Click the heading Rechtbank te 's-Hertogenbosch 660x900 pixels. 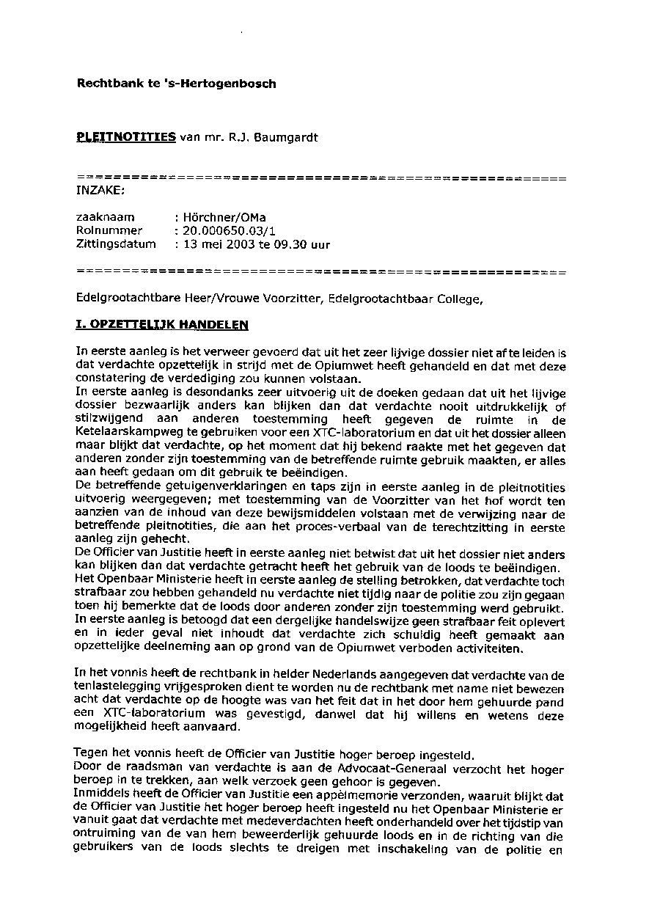click(176, 84)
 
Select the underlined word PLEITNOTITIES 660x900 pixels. click(126, 136)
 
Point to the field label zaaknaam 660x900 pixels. click(105, 218)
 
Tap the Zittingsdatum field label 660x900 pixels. click(116, 244)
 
